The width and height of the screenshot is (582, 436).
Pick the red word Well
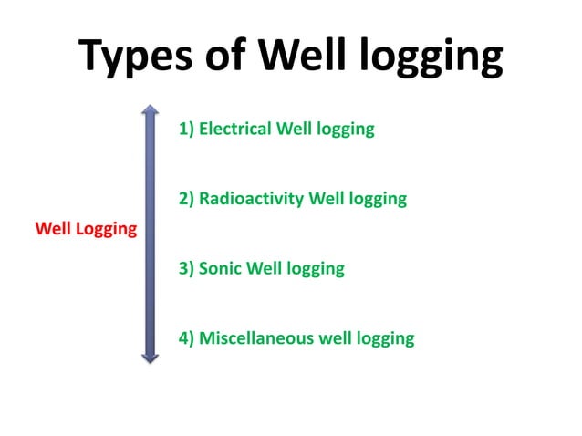pos(52,227)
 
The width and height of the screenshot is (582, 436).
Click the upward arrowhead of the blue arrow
pos(151,110)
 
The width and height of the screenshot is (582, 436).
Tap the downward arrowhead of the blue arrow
pos(151,357)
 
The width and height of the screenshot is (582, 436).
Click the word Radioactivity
pos(251,198)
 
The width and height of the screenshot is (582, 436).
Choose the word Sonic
pos(221,268)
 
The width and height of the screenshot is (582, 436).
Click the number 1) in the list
pos(187,129)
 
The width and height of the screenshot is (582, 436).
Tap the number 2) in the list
pos(187,198)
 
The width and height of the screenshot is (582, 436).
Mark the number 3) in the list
pos(187,268)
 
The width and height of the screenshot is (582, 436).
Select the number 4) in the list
pos(187,338)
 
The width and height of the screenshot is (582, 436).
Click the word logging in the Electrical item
pos(345,130)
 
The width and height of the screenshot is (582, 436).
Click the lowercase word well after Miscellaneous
pos(334,338)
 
